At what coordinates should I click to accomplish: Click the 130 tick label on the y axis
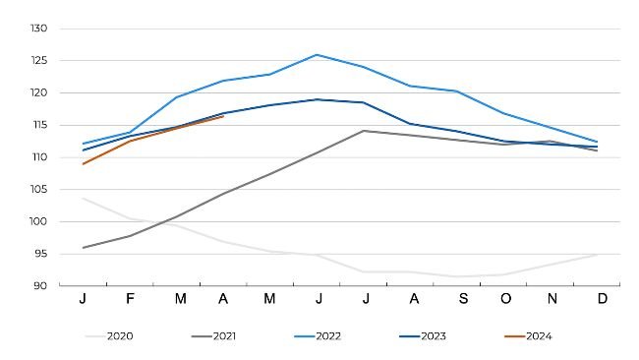pos(38,29)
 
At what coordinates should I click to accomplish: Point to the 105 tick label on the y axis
pos(38,190)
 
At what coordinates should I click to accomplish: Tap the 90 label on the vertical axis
pos(40,286)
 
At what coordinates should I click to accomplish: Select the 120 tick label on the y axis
pos(38,93)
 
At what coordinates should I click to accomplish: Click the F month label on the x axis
pos(130,298)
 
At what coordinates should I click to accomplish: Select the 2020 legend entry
pos(108,336)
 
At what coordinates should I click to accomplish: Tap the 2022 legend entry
pos(318,336)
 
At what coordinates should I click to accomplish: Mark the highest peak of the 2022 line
pos(317,55)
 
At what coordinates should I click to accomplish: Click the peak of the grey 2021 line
pos(364,131)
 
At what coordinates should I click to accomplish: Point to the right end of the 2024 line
pos(223,117)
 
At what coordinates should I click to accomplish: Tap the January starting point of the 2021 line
pos(84,248)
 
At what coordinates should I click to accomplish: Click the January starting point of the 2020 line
pos(84,198)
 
